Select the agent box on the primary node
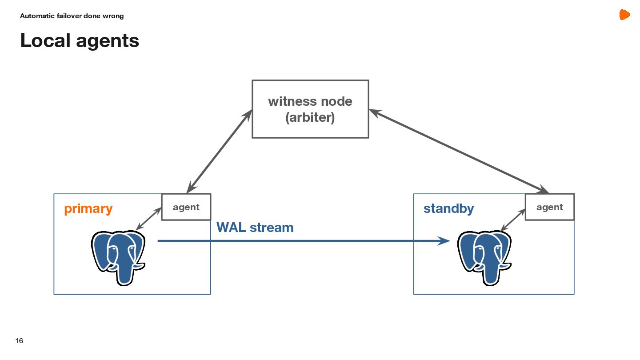pos(186,207)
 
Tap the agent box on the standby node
pos(550,207)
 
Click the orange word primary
pos(88,208)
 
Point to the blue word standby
pos(448,208)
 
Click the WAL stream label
pos(255,228)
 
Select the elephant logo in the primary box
pos(118,257)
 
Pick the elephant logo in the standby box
pos(484,257)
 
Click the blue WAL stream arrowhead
pos(444,241)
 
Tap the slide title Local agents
pos(80,40)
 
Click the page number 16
pos(19,341)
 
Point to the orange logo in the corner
pos(624,15)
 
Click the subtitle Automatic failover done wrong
pos(72,16)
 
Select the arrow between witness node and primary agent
pos(219,152)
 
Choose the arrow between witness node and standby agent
pos(459,152)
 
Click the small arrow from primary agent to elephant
pos(148,219)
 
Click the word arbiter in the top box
pos(310,118)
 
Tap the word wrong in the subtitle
pos(114,16)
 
